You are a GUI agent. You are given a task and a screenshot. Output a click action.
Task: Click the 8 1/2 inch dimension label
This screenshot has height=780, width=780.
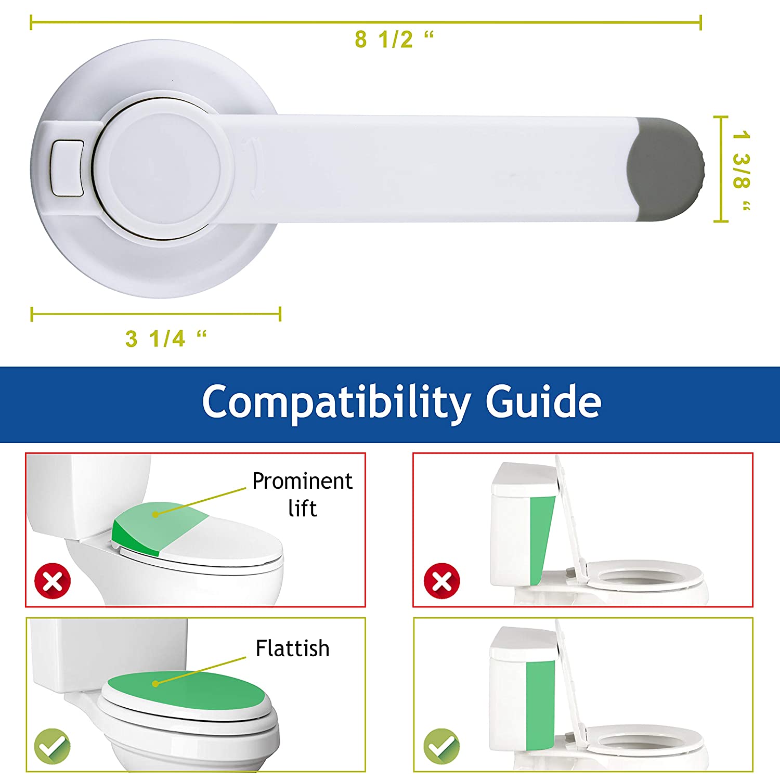394,40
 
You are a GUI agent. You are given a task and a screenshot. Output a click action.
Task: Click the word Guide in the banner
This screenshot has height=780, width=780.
543,401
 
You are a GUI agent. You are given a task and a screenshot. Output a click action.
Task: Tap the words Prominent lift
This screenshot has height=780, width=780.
302,495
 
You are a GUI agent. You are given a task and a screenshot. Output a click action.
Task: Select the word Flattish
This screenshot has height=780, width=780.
292,648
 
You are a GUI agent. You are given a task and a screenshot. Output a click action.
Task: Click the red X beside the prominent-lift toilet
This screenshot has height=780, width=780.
52,581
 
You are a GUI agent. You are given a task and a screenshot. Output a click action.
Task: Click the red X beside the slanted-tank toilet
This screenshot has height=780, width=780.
442,581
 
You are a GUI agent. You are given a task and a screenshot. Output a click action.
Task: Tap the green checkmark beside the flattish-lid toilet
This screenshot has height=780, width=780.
52,747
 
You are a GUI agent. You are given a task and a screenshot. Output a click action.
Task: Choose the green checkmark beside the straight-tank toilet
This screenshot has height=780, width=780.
441,747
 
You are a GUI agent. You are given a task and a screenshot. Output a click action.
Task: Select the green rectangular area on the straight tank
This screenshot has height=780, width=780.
540,706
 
